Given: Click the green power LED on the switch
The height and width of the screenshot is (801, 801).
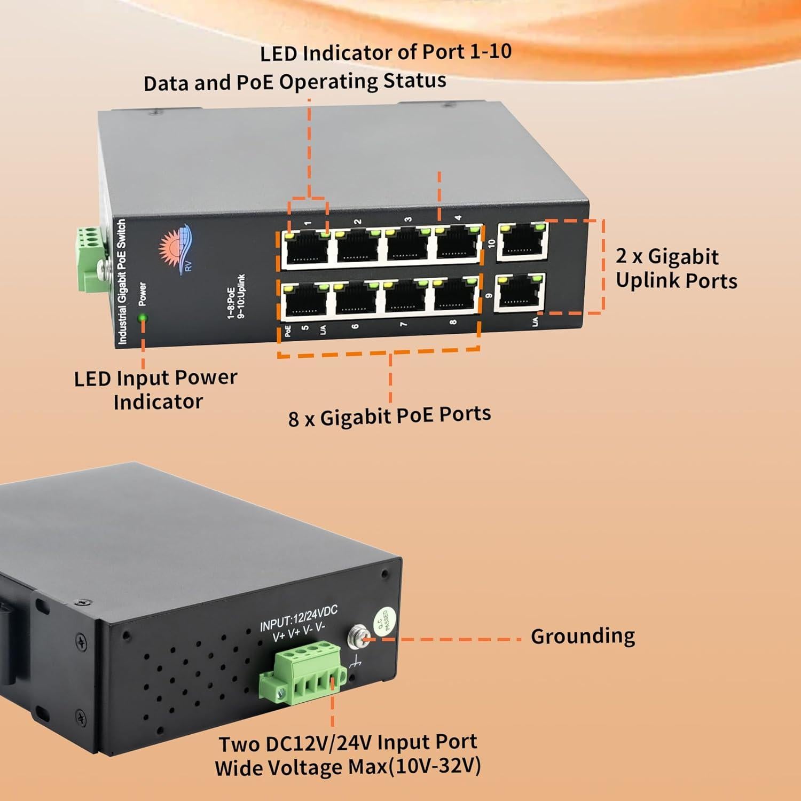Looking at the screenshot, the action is pos(143,318).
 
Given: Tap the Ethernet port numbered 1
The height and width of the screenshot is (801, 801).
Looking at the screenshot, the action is pos(306,248).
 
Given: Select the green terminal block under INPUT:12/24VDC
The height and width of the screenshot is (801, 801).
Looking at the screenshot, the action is pos(300,674).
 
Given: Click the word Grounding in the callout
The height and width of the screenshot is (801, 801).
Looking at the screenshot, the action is pos(583,636).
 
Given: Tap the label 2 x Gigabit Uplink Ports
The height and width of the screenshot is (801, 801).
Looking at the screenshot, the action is pos(676,269).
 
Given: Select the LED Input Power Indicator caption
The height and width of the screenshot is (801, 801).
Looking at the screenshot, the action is pos(155,389).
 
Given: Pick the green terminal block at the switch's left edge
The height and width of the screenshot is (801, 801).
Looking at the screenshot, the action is pos(89,259).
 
